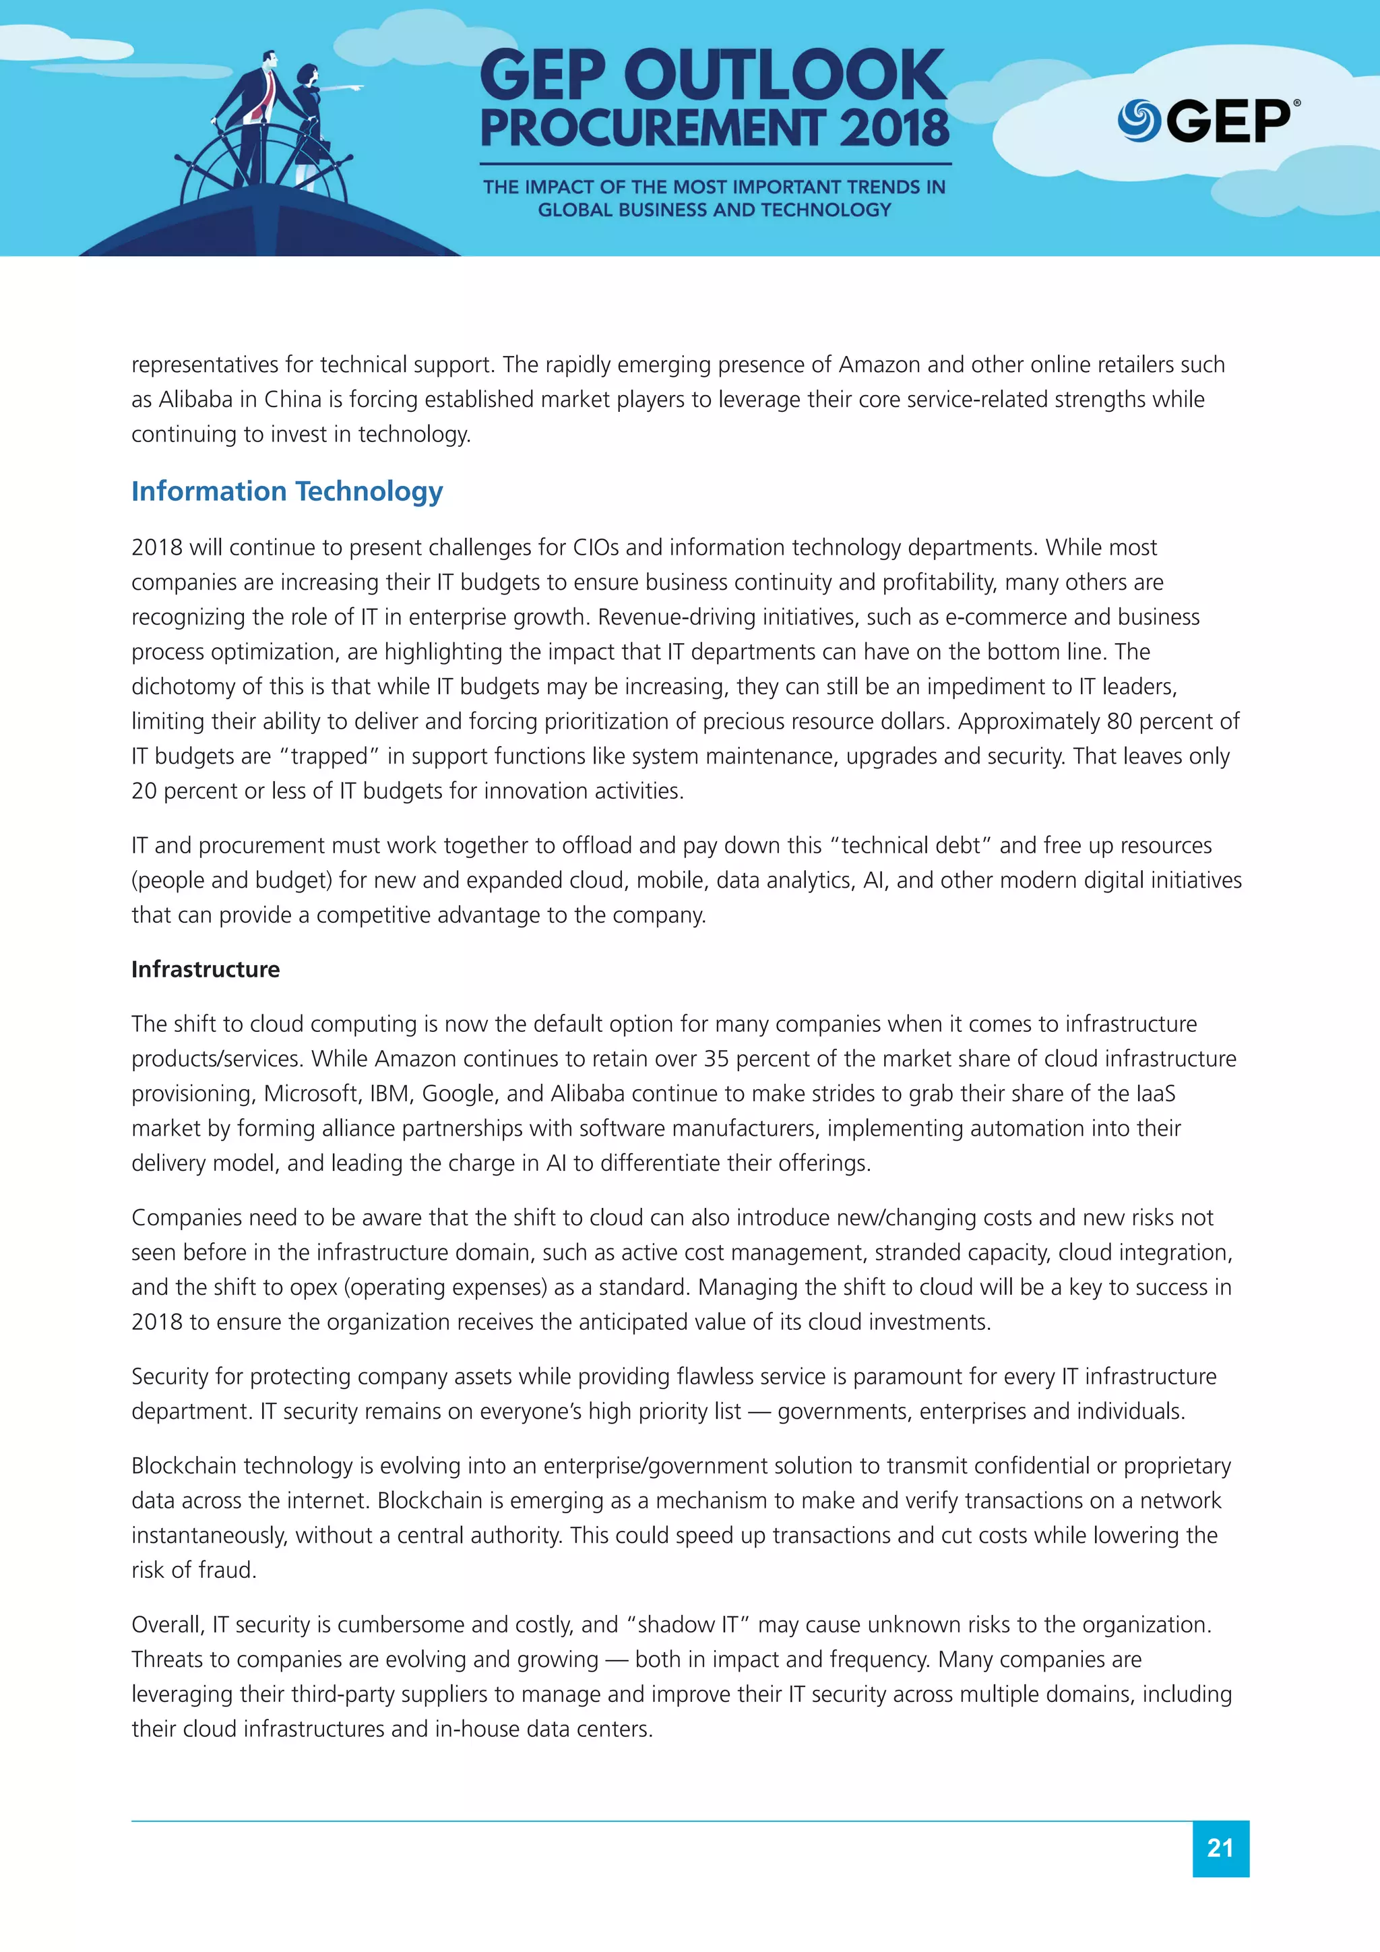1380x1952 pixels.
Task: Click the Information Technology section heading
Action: (x=286, y=491)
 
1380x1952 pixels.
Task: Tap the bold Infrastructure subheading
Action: (x=205, y=969)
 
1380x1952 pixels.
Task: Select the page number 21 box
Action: (x=1220, y=1848)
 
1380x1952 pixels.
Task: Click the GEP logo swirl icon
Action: (x=1138, y=121)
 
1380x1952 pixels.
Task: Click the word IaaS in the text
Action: (x=1155, y=1093)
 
